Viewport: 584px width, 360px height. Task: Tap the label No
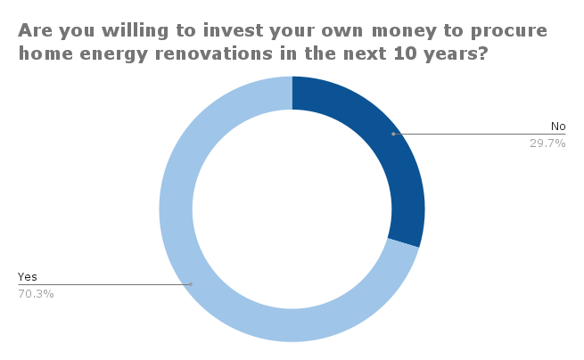pos(558,127)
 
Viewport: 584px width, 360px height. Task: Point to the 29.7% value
pos(547,143)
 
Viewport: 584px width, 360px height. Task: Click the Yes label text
pos(27,277)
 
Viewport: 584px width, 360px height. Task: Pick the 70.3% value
pos(36,294)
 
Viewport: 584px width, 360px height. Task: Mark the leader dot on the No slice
pos(393,134)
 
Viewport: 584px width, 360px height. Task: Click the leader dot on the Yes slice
pos(191,284)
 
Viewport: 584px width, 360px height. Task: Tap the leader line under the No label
pos(480,134)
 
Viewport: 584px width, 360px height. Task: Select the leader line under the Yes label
pos(104,285)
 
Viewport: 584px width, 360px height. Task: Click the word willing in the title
pos(135,31)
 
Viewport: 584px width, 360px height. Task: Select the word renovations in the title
pos(214,53)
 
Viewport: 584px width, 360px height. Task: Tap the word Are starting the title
pos(36,30)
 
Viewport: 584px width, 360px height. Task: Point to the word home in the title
pos(45,53)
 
